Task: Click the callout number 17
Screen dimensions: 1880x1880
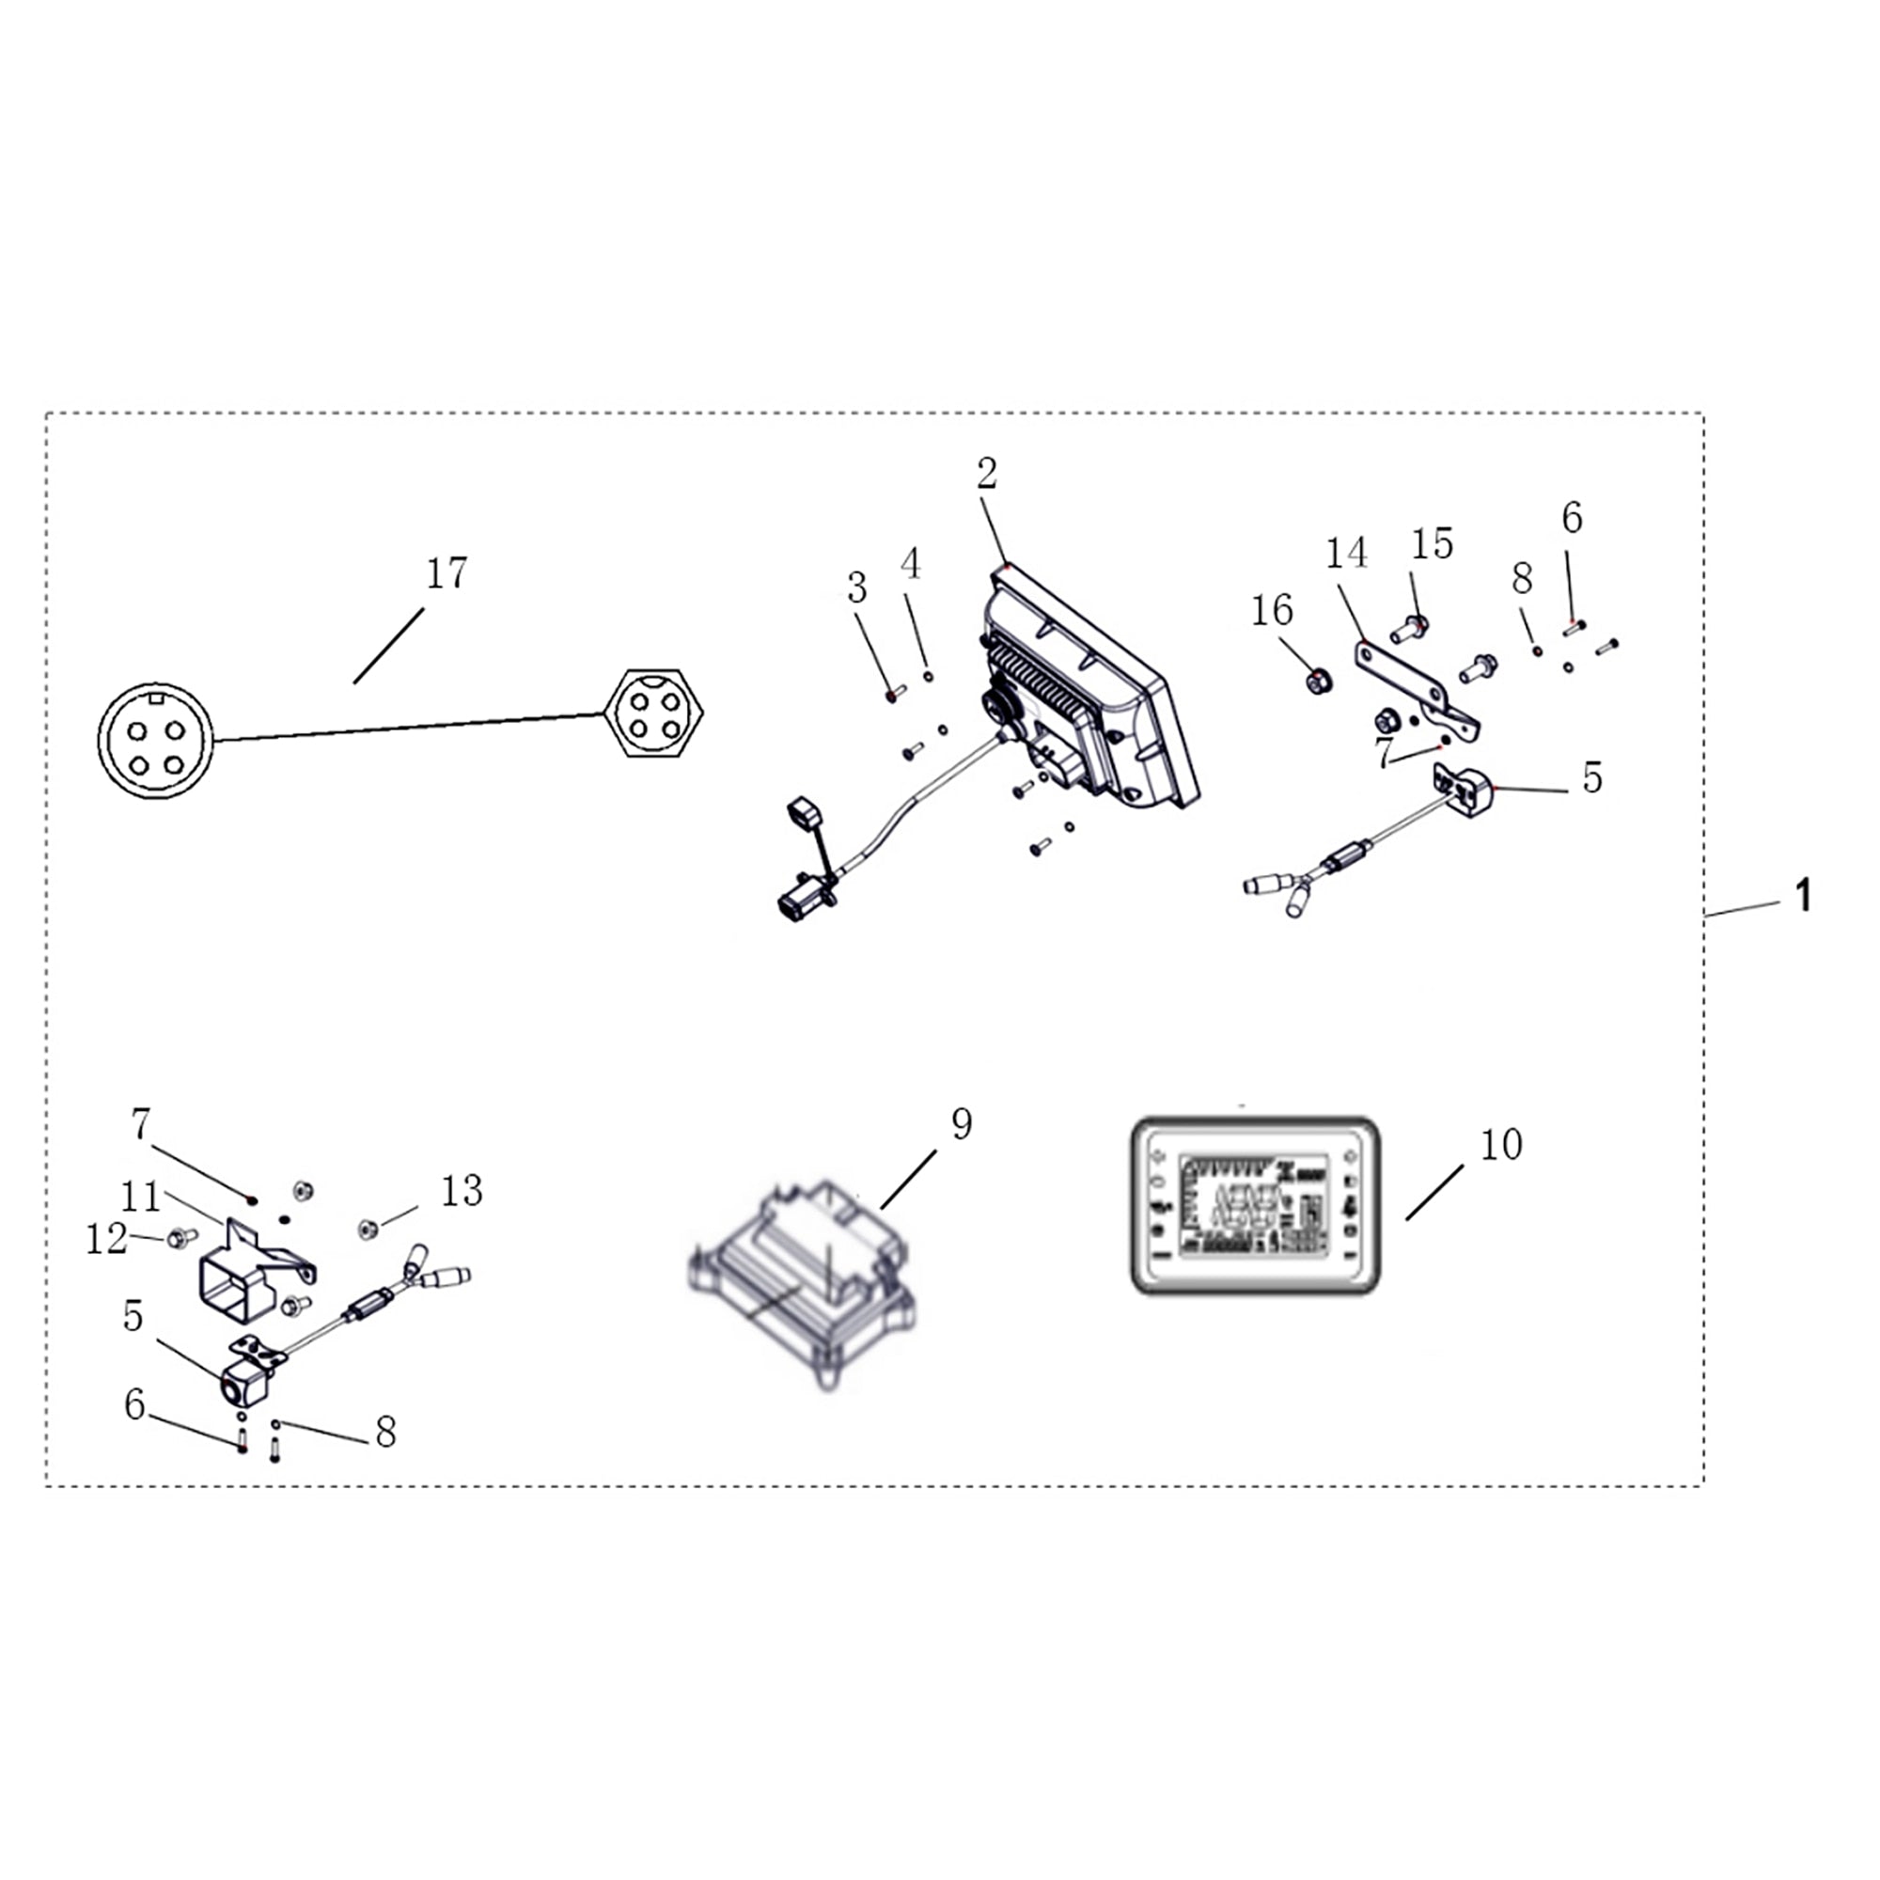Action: point(446,573)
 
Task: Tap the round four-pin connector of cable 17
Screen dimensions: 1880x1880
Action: point(156,741)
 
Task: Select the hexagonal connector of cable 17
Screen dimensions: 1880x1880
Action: point(653,713)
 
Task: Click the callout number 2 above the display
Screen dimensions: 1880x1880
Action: point(987,474)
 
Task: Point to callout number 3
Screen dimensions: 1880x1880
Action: point(856,587)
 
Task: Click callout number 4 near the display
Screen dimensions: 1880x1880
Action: point(911,563)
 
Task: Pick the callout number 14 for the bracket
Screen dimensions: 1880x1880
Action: point(1346,554)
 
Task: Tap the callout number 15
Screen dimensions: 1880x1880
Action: point(1432,544)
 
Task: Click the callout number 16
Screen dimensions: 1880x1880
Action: point(1272,611)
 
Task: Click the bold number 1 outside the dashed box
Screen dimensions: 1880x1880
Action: point(1802,895)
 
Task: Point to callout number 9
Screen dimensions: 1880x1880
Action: point(961,1125)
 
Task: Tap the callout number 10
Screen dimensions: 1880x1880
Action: point(1500,1145)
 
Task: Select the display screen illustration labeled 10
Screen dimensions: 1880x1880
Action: point(1254,1206)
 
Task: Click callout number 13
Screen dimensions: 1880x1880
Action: point(462,1190)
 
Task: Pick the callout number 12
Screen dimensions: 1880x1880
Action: point(106,1240)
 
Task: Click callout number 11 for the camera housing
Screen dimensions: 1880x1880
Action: point(140,1198)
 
